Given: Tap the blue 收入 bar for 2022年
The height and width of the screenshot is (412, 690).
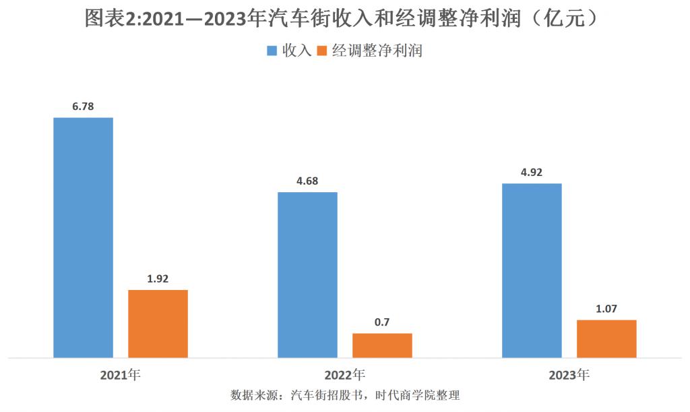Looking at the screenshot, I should [x=308, y=274].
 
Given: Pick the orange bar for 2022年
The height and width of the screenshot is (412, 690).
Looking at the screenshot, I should [x=382, y=345].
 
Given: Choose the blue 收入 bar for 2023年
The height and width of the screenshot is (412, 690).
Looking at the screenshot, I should [x=532, y=270].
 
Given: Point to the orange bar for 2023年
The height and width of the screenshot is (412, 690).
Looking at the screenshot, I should [x=606, y=339].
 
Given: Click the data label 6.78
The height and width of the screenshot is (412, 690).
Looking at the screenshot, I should [x=84, y=107].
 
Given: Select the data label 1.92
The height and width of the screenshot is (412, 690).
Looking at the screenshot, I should [x=158, y=278].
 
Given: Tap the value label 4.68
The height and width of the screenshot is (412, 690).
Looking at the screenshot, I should [x=307, y=181].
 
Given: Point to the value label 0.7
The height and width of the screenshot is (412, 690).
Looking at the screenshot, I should [x=382, y=322].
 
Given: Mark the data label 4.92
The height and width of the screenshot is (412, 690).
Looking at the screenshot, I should [x=532, y=172].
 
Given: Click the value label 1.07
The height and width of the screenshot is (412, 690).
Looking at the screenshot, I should [x=606, y=308].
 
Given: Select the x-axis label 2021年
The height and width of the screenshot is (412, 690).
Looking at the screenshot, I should [x=121, y=374].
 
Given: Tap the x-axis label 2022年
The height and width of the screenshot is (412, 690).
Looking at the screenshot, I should [x=345, y=374].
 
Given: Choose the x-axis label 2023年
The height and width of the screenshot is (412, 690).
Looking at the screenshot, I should [x=569, y=374].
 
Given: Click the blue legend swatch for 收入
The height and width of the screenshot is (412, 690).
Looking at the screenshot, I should [x=273, y=51].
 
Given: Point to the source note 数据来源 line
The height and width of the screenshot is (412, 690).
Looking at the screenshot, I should [x=344, y=395].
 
